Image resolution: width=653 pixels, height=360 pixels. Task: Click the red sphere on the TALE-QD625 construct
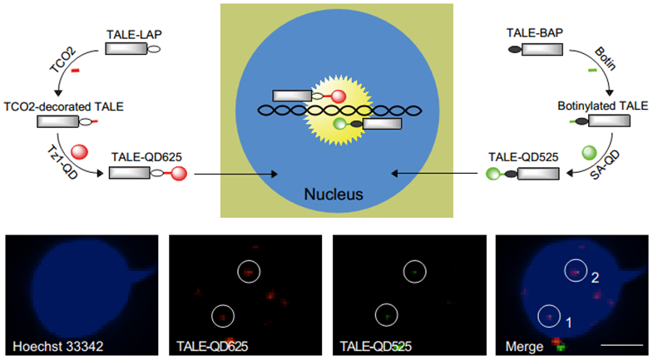(180, 173)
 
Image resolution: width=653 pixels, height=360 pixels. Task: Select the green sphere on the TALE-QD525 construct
(492, 174)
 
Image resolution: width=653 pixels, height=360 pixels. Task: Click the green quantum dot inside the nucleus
(339, 123)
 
